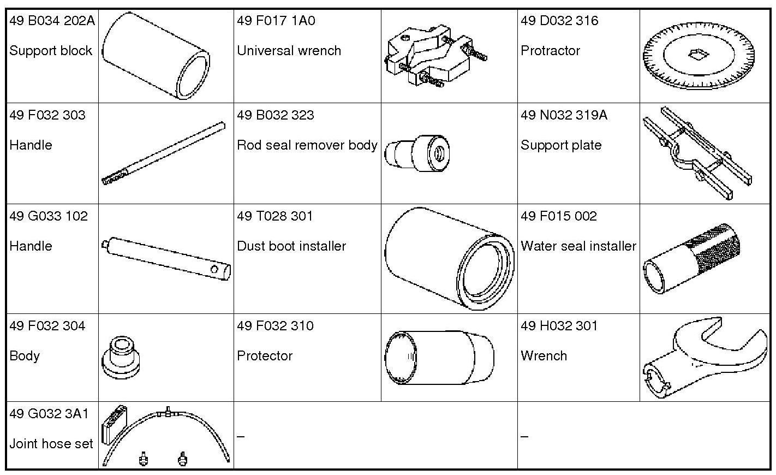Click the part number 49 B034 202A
click(52, 21)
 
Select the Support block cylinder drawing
click(156, 56)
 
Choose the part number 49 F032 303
click(47, 115)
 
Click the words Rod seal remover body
click(307, 145)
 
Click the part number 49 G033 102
click(49, 216)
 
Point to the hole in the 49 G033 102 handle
click(215, 269)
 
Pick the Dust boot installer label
click(291, 246)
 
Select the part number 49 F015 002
click(558, 216)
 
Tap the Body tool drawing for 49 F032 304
click(122, 358)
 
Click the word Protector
click(265, 356)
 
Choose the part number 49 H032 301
click(559, 326)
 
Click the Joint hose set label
click(51, 444)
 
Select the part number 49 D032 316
click(559, 21)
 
